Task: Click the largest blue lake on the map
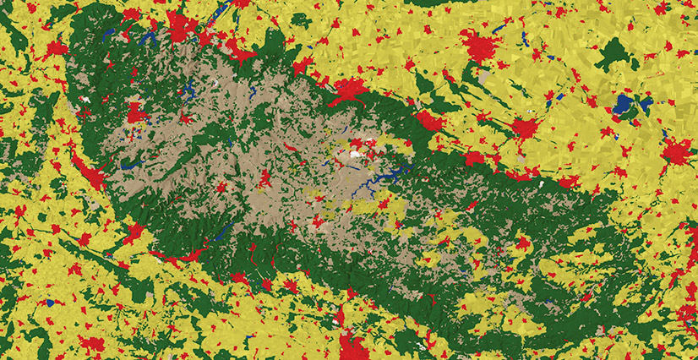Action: click(x=625, y=105)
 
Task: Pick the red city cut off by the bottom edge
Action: click(x=352, y=347)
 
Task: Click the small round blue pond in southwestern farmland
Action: click(x=51, y=302)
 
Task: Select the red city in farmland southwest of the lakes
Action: click(x=526, y=129)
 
